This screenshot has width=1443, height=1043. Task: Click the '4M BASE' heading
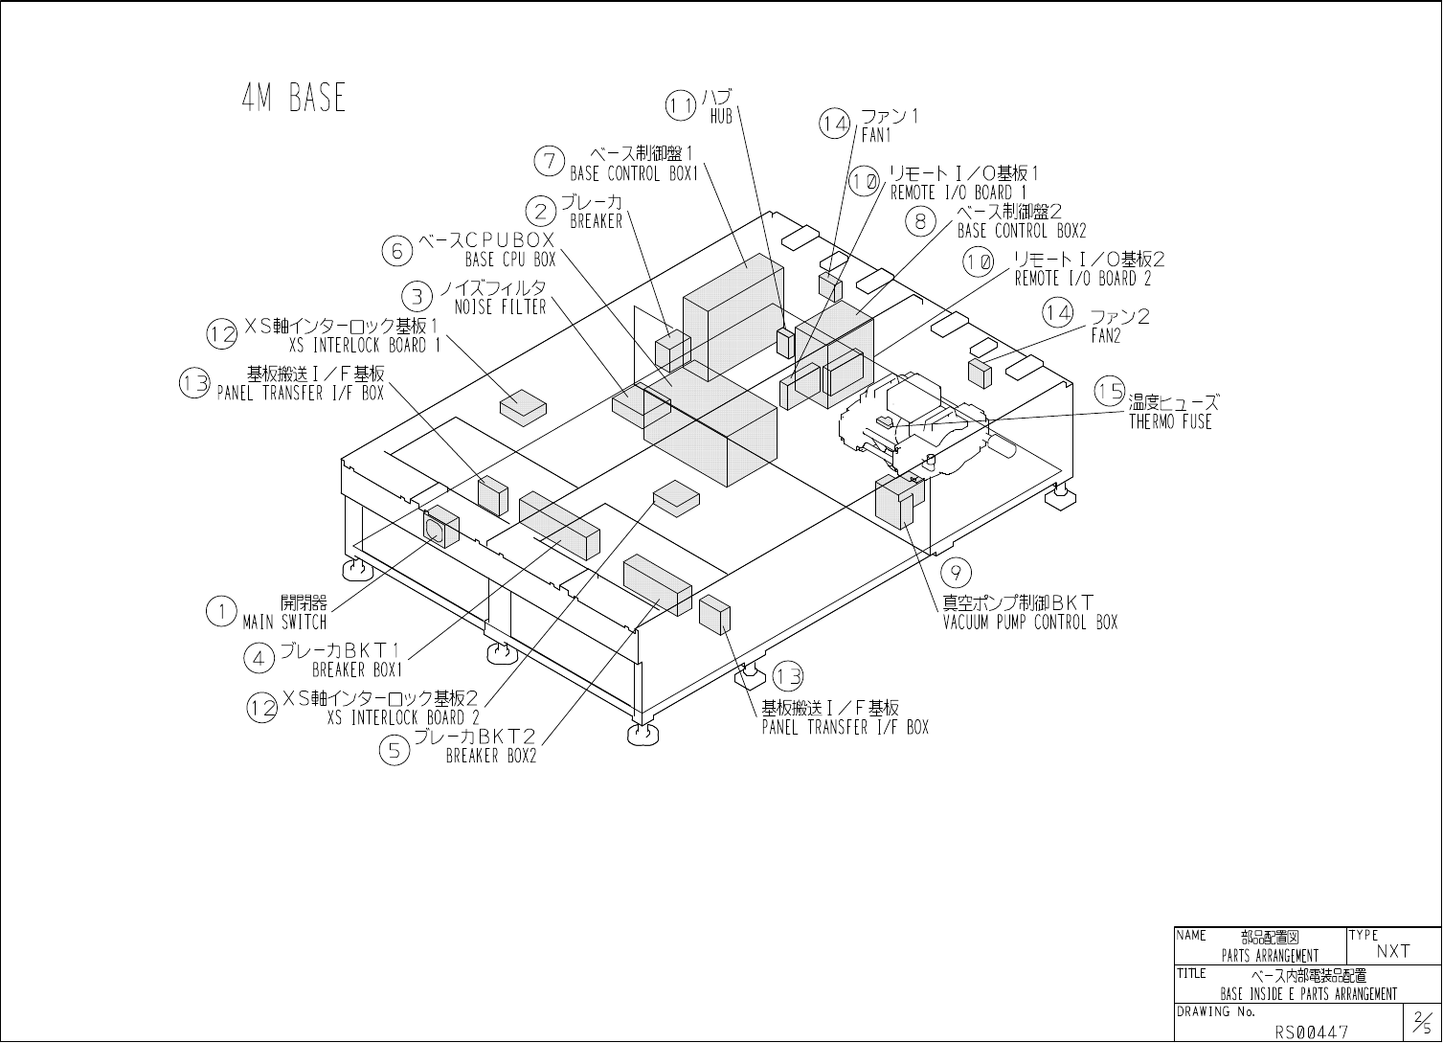coord(293,99)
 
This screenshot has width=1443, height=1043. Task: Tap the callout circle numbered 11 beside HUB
coord(681,105)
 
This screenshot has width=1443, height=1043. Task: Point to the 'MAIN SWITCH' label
coord(284,622)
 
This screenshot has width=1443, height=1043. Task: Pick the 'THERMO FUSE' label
coord(1170,421)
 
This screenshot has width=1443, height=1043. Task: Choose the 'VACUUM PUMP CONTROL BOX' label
coord(1030,623)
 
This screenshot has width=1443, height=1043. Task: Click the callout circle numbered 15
coord(1111,392)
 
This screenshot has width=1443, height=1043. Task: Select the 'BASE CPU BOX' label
coord(510,260)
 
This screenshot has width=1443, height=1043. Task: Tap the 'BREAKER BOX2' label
coord(491,757)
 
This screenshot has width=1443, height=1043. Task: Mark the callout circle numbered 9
coord(957,573)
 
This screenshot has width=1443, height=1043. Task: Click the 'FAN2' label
coord(1106,336)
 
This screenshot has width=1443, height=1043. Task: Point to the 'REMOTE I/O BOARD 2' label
coord(1083,279)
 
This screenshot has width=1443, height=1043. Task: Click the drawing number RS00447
coord(1311,1032)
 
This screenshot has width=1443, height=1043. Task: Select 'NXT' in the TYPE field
coord(1393,951)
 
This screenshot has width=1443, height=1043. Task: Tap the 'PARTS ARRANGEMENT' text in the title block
coord(1270,956)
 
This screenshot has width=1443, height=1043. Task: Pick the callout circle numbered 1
coord(221,611)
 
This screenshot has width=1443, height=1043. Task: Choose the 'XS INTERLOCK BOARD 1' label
coord(365,345)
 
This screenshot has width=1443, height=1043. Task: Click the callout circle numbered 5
coord(395,750)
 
